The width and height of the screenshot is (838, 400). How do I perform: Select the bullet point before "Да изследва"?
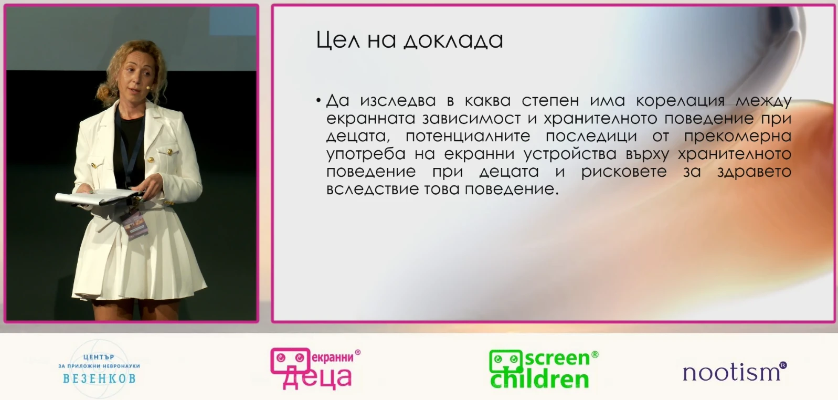[319, 100]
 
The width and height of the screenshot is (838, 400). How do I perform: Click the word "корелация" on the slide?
[680, 101]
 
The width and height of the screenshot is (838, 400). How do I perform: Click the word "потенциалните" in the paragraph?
[468, 136]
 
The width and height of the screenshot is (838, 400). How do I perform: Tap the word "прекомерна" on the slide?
[738, 136]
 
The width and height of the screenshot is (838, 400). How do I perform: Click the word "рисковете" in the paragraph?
[623, 172]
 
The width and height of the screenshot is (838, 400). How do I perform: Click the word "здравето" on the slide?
[754, 172]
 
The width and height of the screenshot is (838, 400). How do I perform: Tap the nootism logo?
[735, 372]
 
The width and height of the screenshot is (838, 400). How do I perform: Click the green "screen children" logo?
[543, 370]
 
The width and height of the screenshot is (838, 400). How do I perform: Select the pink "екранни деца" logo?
[315, 369]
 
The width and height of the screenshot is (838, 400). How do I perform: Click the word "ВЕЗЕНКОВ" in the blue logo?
[99, 378]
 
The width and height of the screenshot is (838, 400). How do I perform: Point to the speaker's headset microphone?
[148, 88]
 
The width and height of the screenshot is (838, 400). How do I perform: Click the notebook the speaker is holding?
[97, 197]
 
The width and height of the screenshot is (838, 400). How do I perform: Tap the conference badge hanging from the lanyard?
[134, 225]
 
